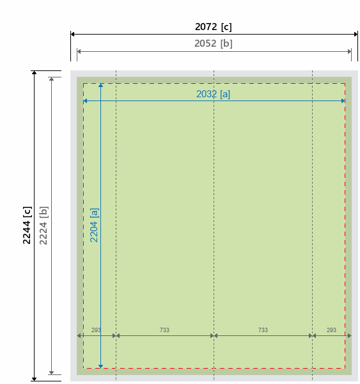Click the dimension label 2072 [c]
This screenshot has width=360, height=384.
click(213, 27)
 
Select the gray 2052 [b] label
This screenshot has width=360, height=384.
click(213, 44)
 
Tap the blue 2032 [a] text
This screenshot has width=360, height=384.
click(213, 94)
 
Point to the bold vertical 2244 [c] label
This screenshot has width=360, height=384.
click(27, 225)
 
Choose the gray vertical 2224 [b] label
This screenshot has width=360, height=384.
click(43, 225)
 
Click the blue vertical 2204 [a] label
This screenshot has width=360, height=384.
click(94, 225)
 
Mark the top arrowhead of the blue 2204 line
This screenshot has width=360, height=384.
click(100, 86)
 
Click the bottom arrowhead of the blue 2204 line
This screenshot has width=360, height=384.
click(100, 366)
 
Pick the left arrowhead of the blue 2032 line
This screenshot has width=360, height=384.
click(85, 100)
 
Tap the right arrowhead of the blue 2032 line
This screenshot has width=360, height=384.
click(343, 100)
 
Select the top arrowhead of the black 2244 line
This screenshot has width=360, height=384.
click(35, 73)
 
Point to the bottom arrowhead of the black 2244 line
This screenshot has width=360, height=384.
click(35, 379)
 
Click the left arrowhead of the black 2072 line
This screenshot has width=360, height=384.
click(73, 35)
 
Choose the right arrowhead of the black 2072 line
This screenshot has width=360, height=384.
click(356, 35)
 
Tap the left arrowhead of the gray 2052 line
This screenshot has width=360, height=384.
click(79, 51)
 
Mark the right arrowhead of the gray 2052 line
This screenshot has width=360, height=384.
click(350, 51)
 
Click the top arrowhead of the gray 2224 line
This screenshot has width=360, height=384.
click(51, 79)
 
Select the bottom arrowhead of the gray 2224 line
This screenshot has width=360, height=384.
click(51, 372)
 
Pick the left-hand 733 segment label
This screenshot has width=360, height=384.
click(164, 330)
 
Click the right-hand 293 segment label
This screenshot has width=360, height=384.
click(331, 330)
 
